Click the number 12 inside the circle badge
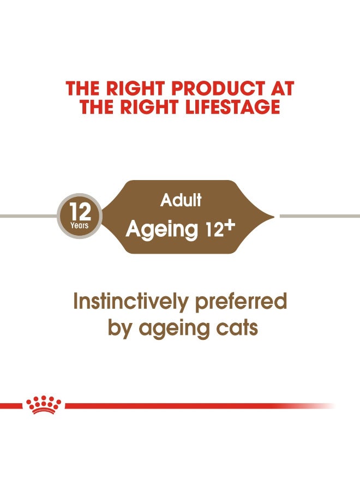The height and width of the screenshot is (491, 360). (80, 211)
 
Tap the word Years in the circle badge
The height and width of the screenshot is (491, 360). (79, 225)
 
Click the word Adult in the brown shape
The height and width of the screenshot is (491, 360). (181, 200)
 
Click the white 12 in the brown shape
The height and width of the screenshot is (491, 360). (212, 231)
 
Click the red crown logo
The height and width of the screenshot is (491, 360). (44, 405)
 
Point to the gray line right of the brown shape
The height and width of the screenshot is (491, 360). (319, 217)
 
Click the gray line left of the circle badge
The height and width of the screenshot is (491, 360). (27, 217)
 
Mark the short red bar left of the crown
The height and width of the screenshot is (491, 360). (11, 406)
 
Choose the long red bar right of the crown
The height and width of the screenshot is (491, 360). (191, 406)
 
